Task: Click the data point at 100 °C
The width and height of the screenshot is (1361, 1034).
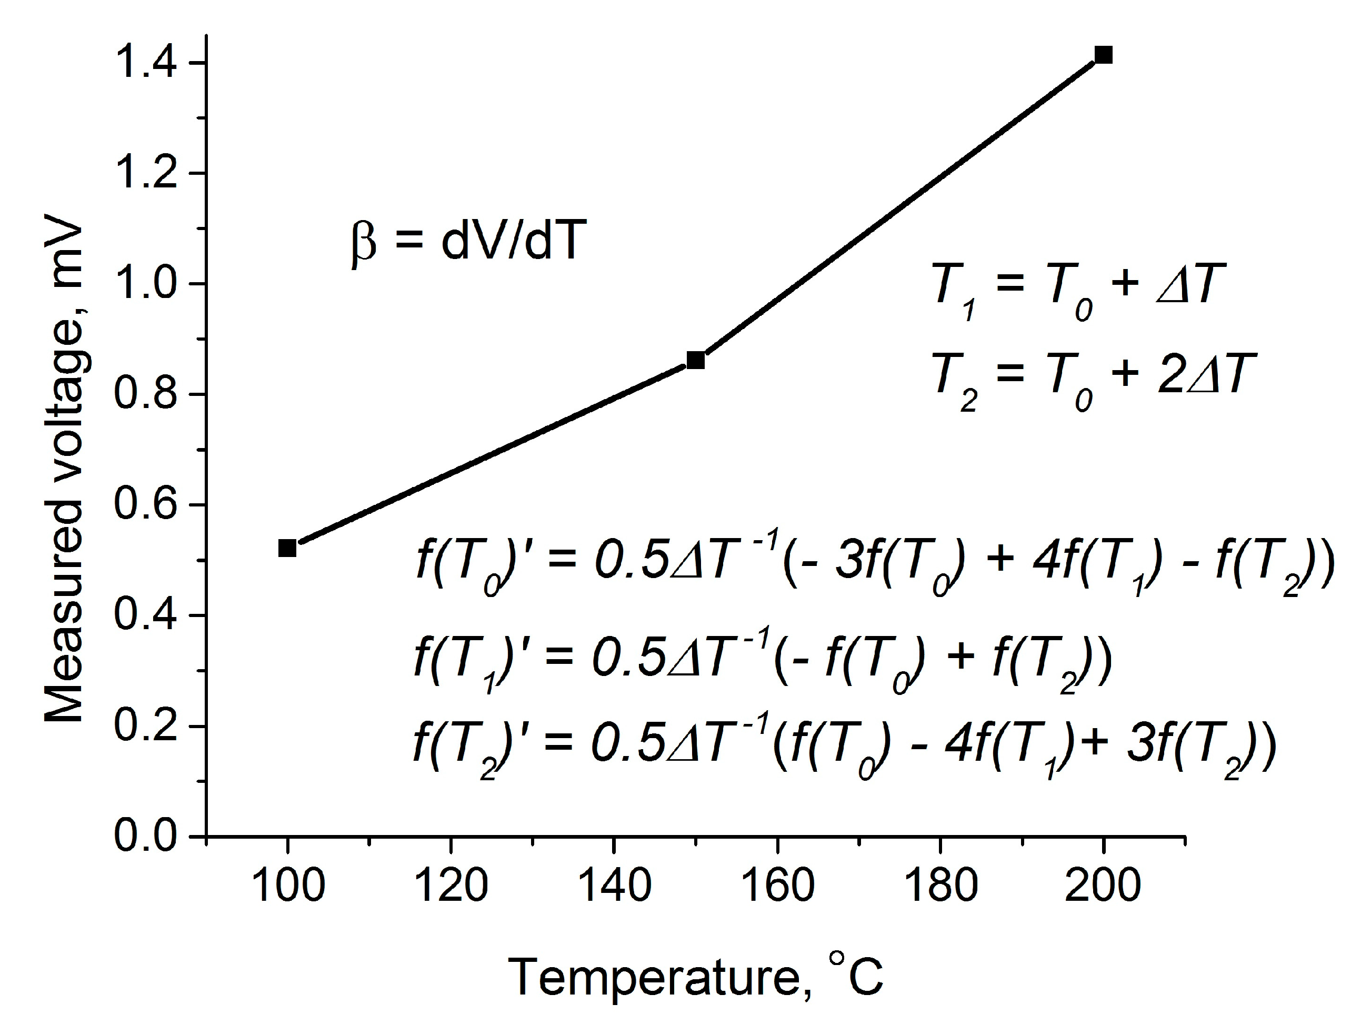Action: coord(287,547)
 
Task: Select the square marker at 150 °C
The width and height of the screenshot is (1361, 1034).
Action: coord(695,360)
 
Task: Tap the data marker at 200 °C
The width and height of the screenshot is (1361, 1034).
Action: coord(1103,55)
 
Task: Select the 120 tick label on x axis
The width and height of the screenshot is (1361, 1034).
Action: coord(451,886)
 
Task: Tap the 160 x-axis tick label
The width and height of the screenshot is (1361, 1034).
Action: coord(778,886)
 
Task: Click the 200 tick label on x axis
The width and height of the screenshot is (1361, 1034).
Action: coord(1103,886)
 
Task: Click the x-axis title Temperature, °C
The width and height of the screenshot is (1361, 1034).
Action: coord(695,976)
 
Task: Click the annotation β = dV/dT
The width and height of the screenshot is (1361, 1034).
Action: coord(465,241)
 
